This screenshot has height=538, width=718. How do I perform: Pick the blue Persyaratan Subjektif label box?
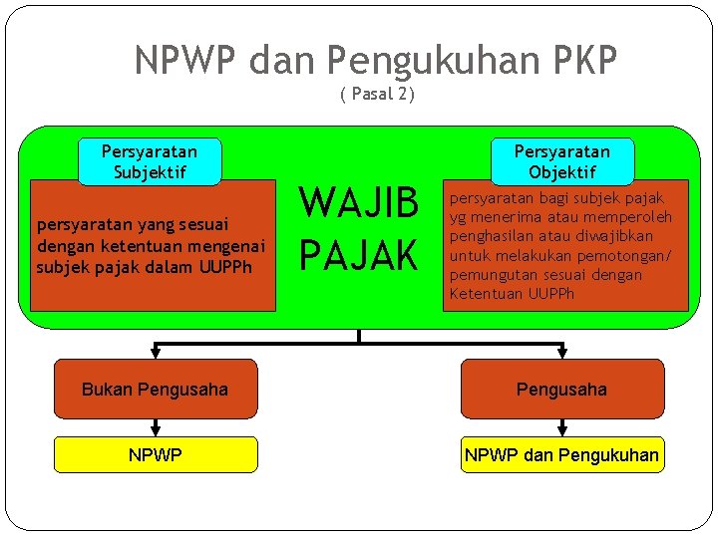coord(150,161)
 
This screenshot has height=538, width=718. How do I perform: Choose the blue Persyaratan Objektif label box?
coord(561,161)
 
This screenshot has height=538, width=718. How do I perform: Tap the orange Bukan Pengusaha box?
coord(155,389)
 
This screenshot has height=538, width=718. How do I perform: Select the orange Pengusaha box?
coord(561,389)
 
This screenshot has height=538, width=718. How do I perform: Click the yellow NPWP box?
coord(155,454)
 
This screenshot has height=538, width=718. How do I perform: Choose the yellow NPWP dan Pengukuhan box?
coord(561,454)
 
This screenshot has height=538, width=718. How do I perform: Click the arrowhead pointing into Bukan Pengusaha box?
coord(155,353)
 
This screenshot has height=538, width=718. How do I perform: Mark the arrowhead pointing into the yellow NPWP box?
coord(155,430)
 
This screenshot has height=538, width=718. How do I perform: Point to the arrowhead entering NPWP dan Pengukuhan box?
coord(562,430)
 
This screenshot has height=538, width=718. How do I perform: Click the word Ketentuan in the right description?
coord(483,294)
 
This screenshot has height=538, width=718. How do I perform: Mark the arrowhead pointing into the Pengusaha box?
coord(562,353)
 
